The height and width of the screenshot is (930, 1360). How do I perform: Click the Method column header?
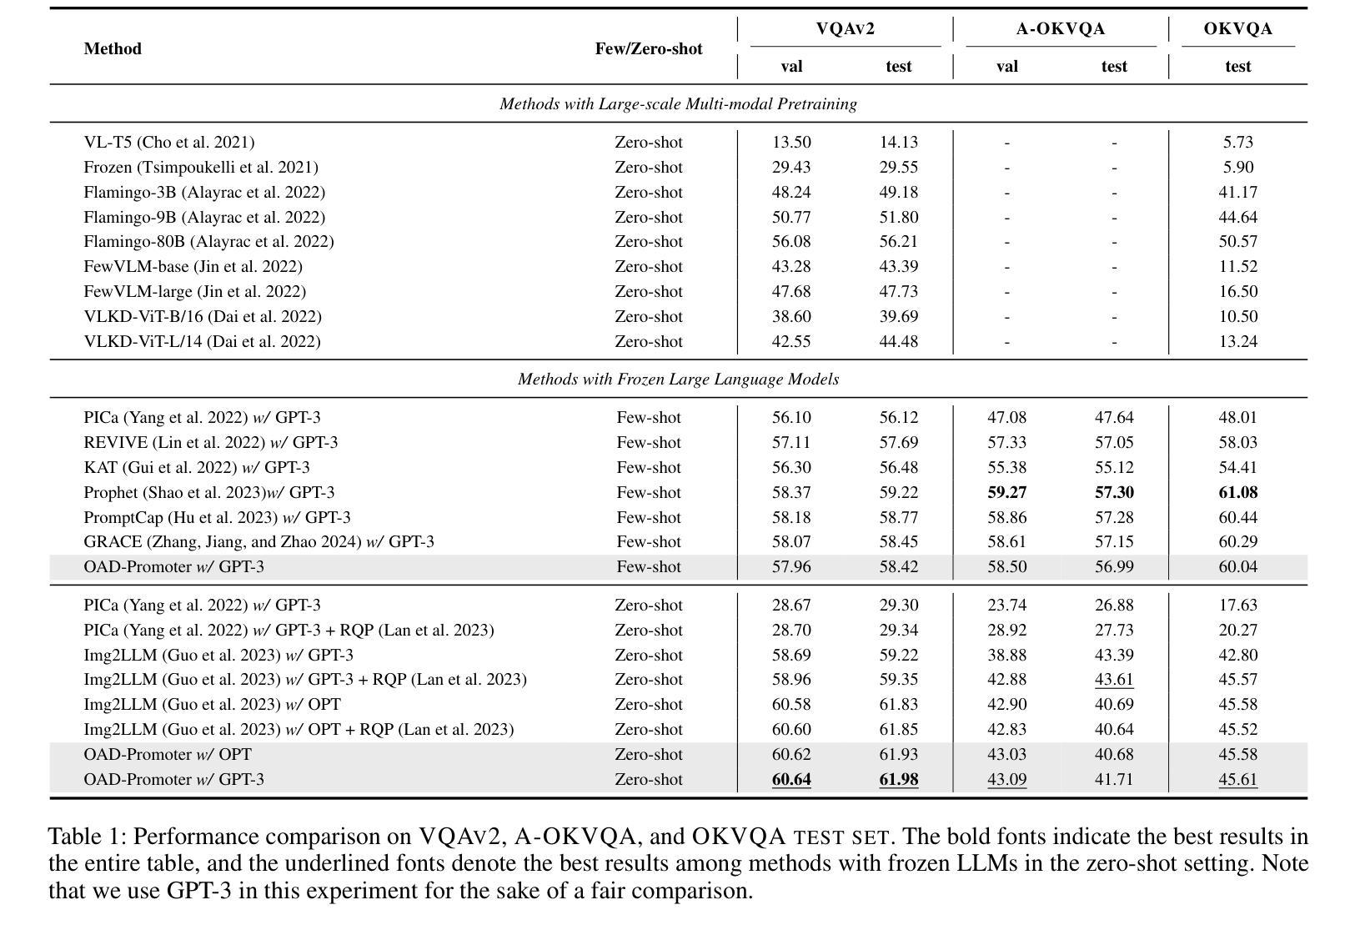click(x=113, y=48)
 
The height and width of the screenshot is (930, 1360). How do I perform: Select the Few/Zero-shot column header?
click(x=648, y=48)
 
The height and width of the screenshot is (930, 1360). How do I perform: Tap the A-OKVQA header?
click(x=1060, y=29)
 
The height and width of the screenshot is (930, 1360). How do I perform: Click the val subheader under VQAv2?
click(x=790, y=67)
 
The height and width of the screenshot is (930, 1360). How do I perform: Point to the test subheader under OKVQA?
click(x=1237, y=67)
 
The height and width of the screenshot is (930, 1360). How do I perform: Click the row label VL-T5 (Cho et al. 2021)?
click(x=169, y=143)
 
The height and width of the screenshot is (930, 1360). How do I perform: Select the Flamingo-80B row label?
click(x=208, y=242)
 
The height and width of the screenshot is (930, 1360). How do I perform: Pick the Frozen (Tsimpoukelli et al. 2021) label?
click(x=201, y=168)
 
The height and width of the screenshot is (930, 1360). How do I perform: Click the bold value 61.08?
click(x=1237, y=493)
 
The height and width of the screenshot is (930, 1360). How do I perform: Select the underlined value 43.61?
click(x=1114, y=680)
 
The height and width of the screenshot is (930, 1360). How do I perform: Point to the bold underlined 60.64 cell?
click(x=790, y=780)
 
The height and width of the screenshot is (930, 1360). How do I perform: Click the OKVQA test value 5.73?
click(x=1237, y=143)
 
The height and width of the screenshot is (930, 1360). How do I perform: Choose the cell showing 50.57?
click(x=1237, y=242)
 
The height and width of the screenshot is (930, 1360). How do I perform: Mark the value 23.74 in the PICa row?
click(x=1006, y=606)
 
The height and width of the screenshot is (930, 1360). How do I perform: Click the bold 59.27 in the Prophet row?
click(x=1006, y=493)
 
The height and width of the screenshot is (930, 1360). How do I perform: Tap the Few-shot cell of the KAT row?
click(x=648, y=468)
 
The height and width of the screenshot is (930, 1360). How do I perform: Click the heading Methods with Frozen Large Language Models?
click(x=678, y=380)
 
